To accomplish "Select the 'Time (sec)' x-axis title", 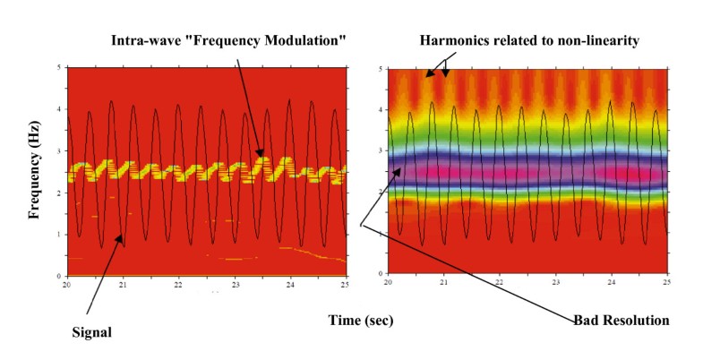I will click(361, 319).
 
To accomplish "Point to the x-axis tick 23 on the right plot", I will click(556, 281).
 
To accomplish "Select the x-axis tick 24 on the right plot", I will click(612, 281).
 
